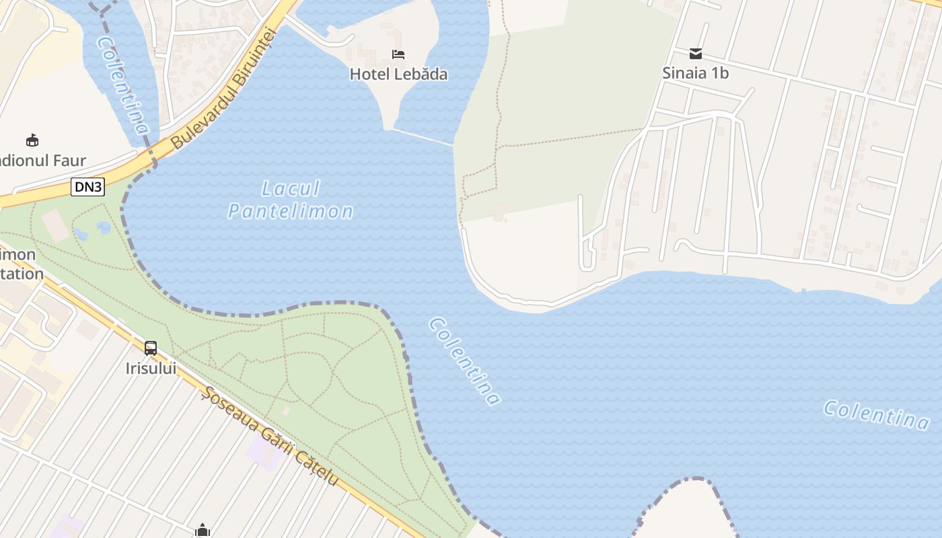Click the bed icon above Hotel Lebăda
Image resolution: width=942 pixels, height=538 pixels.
click(398, 54)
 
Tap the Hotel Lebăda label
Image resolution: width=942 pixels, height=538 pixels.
click(398, 74)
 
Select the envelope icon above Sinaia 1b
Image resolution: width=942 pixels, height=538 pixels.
click(696, 54)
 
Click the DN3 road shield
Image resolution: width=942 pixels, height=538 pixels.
click(88, 187)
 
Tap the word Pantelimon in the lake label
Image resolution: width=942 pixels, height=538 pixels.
click(291, 212)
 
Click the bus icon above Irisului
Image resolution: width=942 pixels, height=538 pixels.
click(151, 348)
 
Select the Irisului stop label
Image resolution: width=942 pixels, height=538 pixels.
click(151, 369)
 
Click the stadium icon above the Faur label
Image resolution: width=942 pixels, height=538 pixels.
click(32, 140)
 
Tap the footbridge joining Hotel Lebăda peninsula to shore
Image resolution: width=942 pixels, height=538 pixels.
click(423, 137)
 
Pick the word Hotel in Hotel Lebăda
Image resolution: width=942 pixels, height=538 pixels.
click(369, 74)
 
